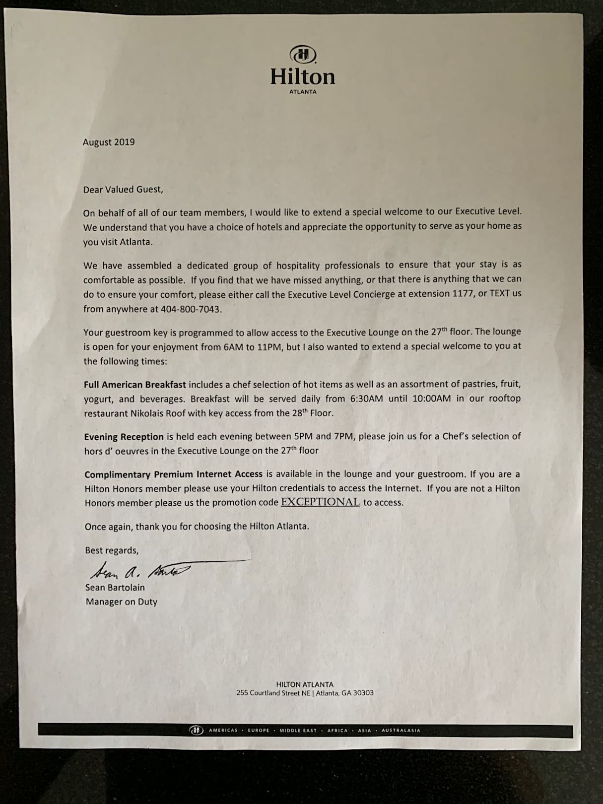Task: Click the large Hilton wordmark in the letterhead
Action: click(x=303, y=76)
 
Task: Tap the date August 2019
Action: click(x=109, y=142)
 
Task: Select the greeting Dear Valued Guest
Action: click(x=123, y=189)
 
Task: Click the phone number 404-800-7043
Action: click(x=191, y=309)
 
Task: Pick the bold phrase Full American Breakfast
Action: click(x=135, y=385)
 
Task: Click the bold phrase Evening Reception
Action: click(x=124, y=437)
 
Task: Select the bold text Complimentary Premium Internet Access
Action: click(x=174, y=474)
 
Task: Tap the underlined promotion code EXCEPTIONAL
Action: click(x=320, y=502)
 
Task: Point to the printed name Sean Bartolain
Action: click(x=115, y=588)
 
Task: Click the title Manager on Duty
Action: click(x=122, y=602)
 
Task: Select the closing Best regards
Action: click(x=112, y=550)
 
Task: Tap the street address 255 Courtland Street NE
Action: click(x=273, y=693)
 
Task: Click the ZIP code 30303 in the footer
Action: click(x=363, y=693)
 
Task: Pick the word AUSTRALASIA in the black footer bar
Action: click(x=401, y=731)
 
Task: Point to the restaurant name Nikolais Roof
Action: click(x=157, y=413)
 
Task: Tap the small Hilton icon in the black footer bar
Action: click(x=197, y=731)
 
